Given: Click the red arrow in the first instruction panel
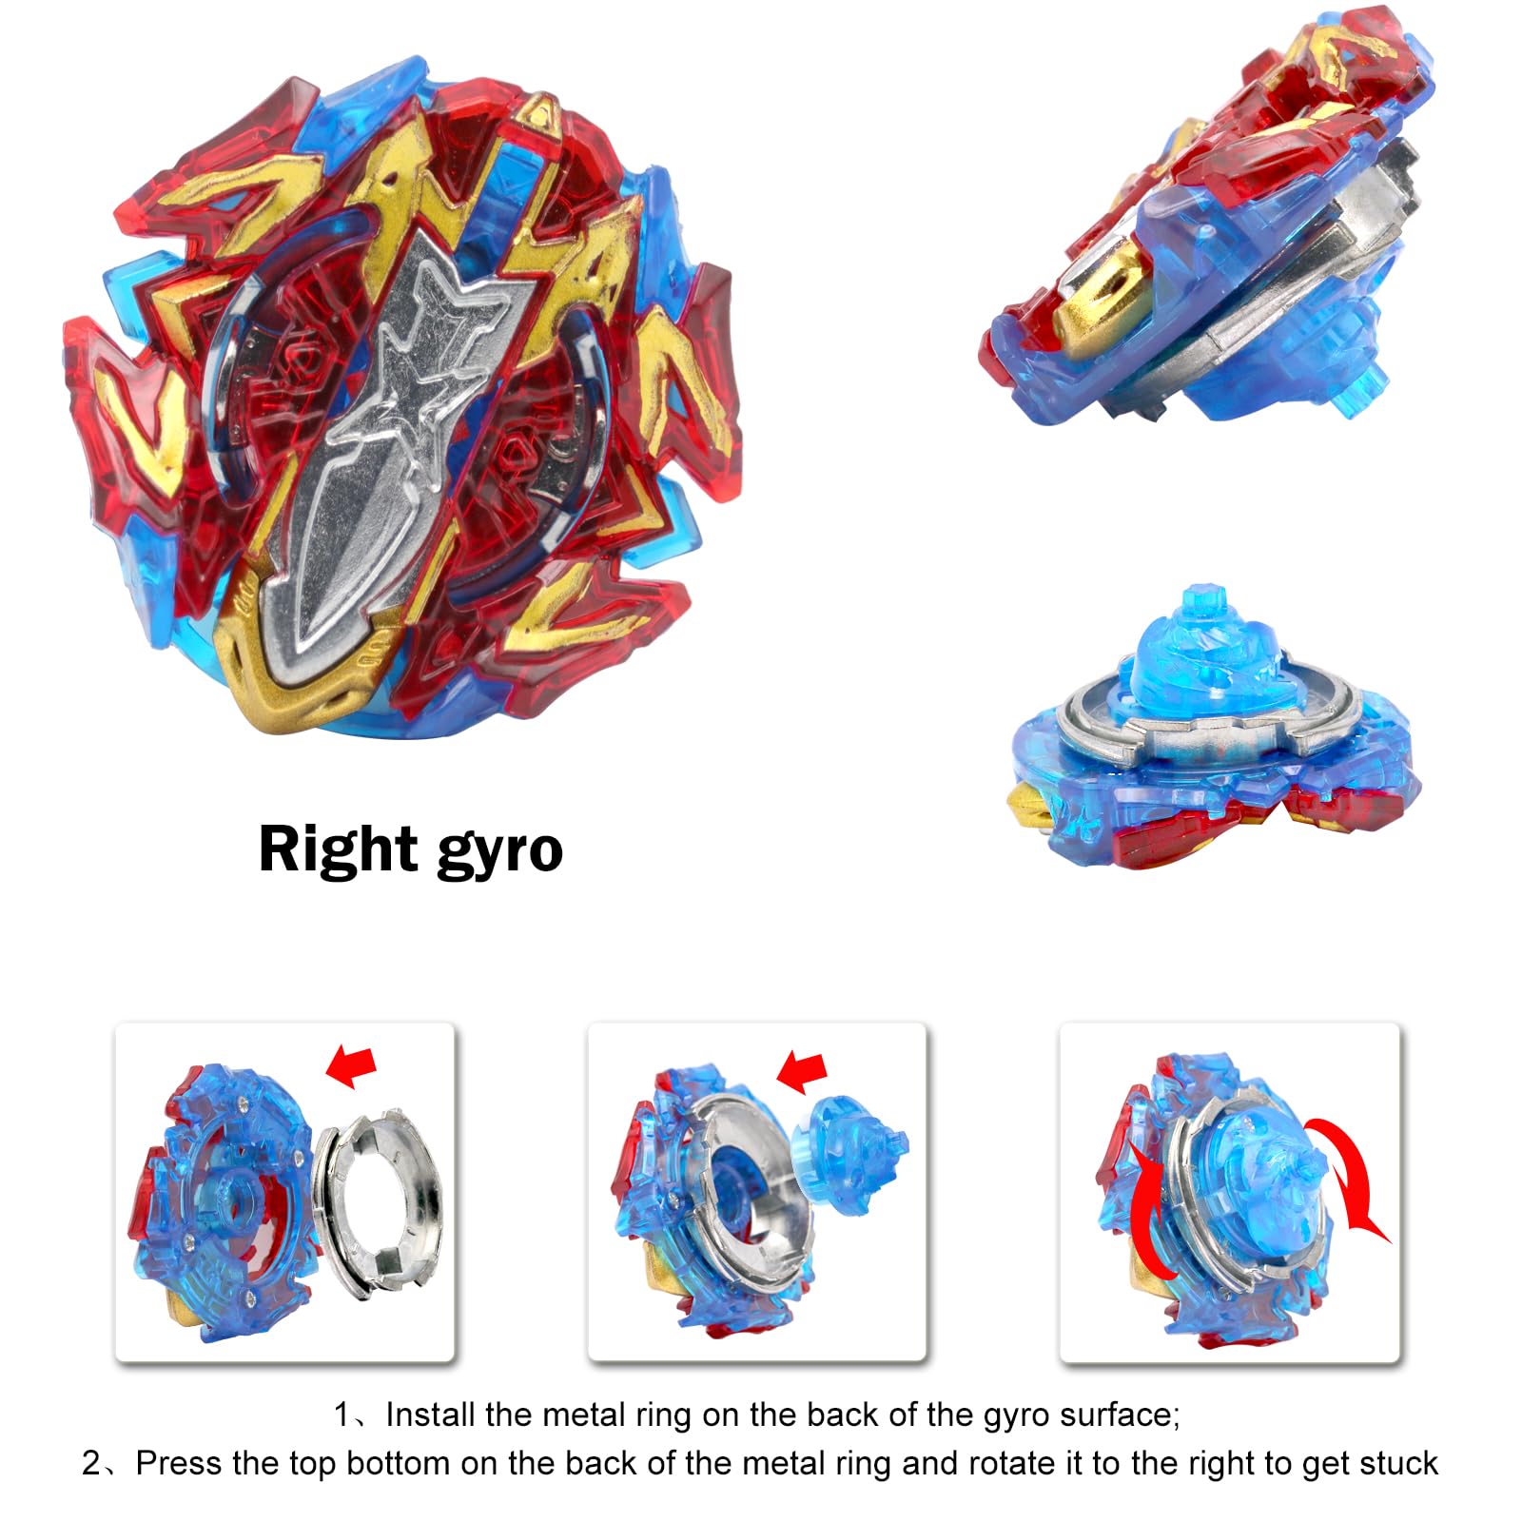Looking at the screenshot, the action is (x=351, y=1064).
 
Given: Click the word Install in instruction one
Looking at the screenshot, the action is (x=431, y=1415).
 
